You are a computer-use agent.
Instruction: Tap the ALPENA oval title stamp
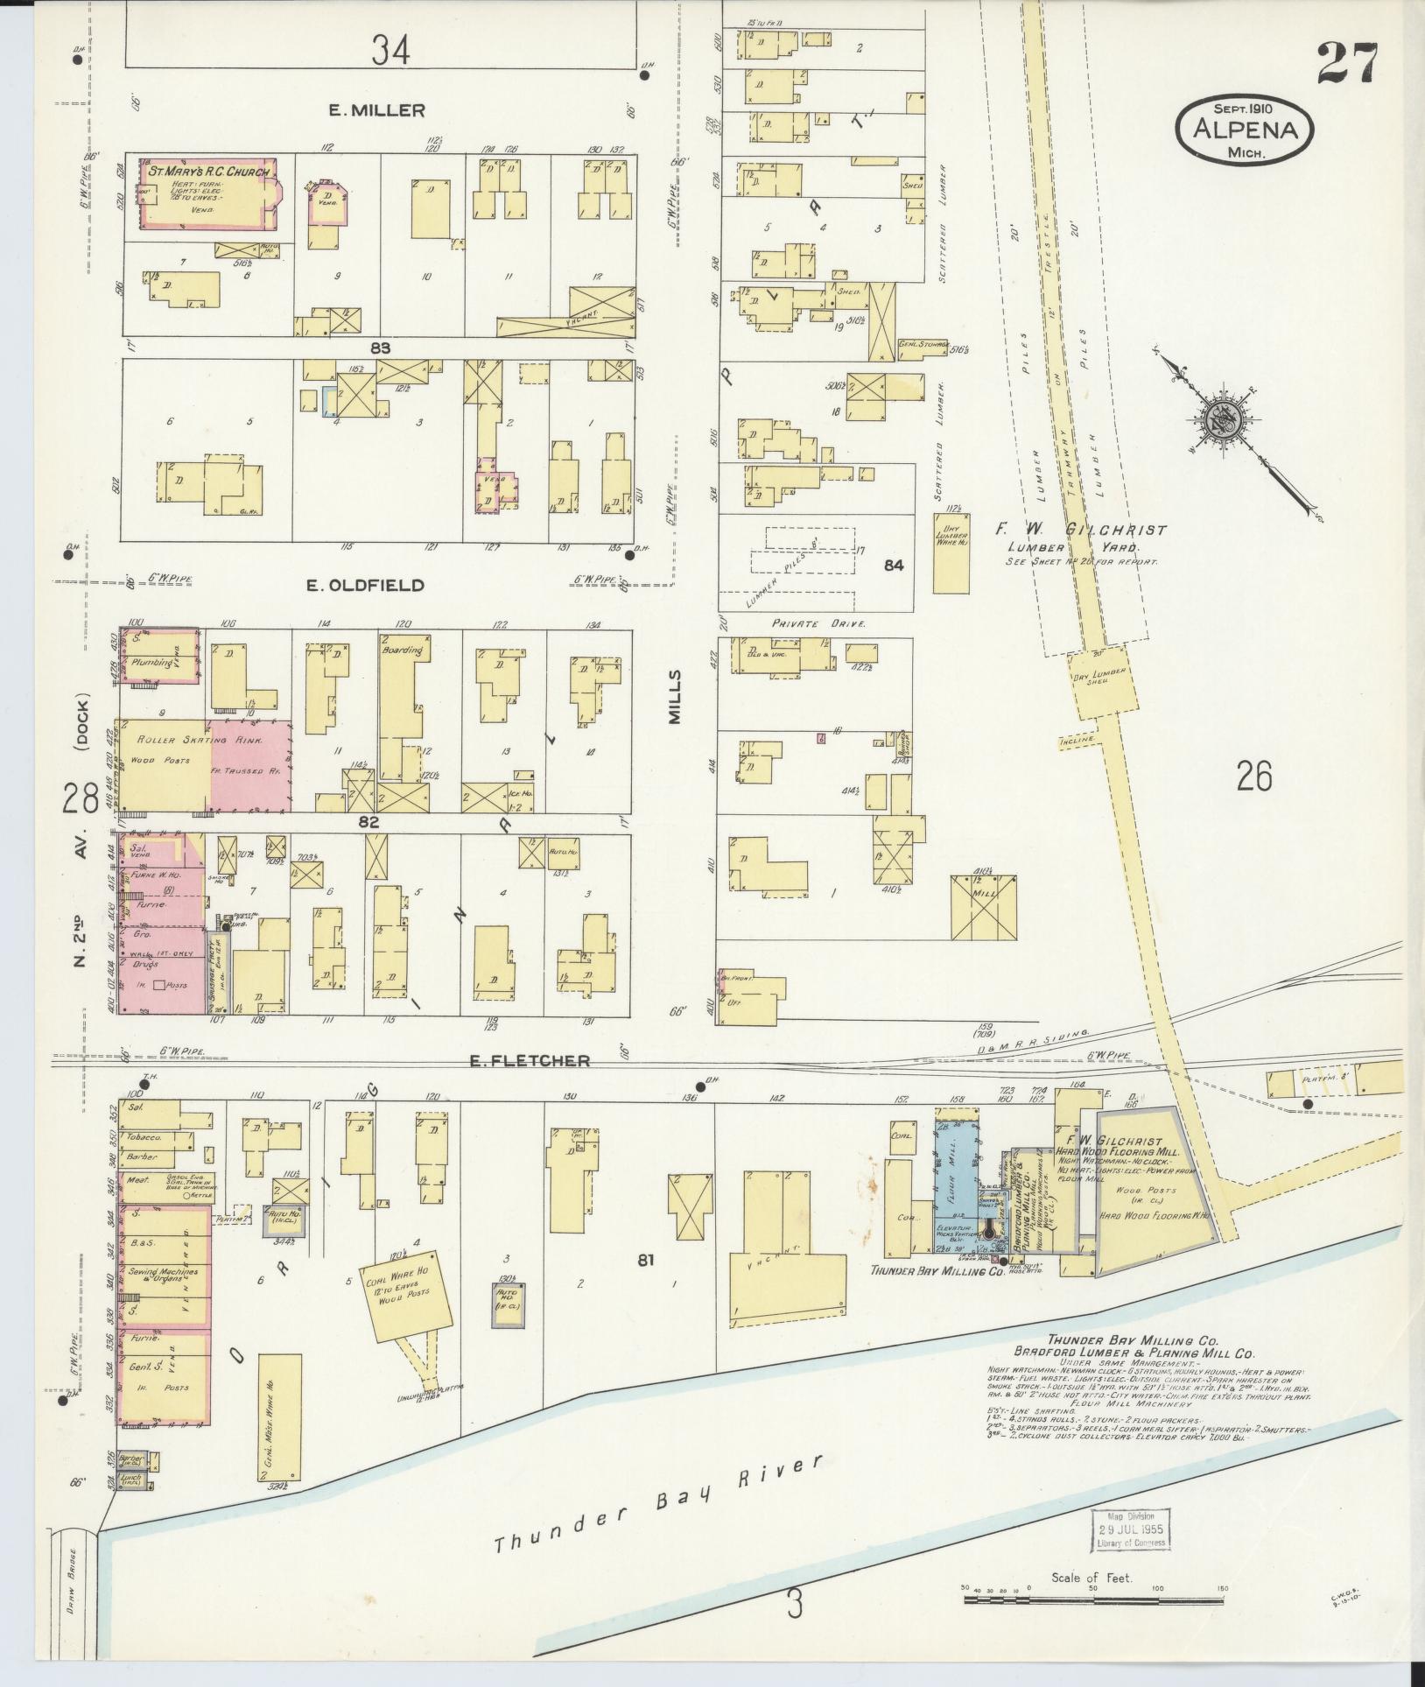[x=1244, y=130]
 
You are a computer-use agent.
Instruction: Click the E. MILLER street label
[x=376, y=110]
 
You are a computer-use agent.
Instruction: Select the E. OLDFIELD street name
[x=364, y=585]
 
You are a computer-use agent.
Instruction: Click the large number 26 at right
[x=1253, y=776]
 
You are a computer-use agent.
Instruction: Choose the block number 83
[x=379, y=348]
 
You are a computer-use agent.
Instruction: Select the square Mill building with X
[x=985, y=907]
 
